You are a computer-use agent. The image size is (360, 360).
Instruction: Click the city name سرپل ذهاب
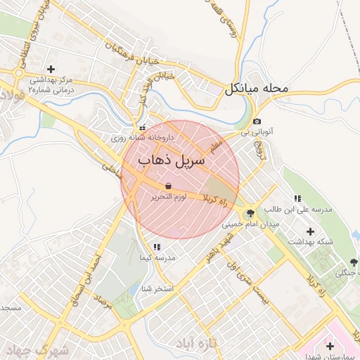point(172,161)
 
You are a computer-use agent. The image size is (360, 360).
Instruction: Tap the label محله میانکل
point(257,89)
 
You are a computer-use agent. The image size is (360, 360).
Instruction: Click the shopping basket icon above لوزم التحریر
point(169,186)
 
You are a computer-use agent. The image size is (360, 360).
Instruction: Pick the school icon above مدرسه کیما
point(157,247)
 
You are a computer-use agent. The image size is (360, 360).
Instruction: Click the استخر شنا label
point(155,288)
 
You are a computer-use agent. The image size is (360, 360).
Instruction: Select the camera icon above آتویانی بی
point(257,121)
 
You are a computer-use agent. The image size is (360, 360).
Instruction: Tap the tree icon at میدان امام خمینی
point(250,214)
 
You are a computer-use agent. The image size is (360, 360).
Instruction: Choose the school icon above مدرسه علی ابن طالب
point(297,198)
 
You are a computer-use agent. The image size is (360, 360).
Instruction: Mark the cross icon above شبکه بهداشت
point(310,231)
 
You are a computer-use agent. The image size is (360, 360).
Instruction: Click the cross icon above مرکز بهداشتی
point(51,69)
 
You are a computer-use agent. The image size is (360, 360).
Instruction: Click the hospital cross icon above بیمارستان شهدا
point(330,346)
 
